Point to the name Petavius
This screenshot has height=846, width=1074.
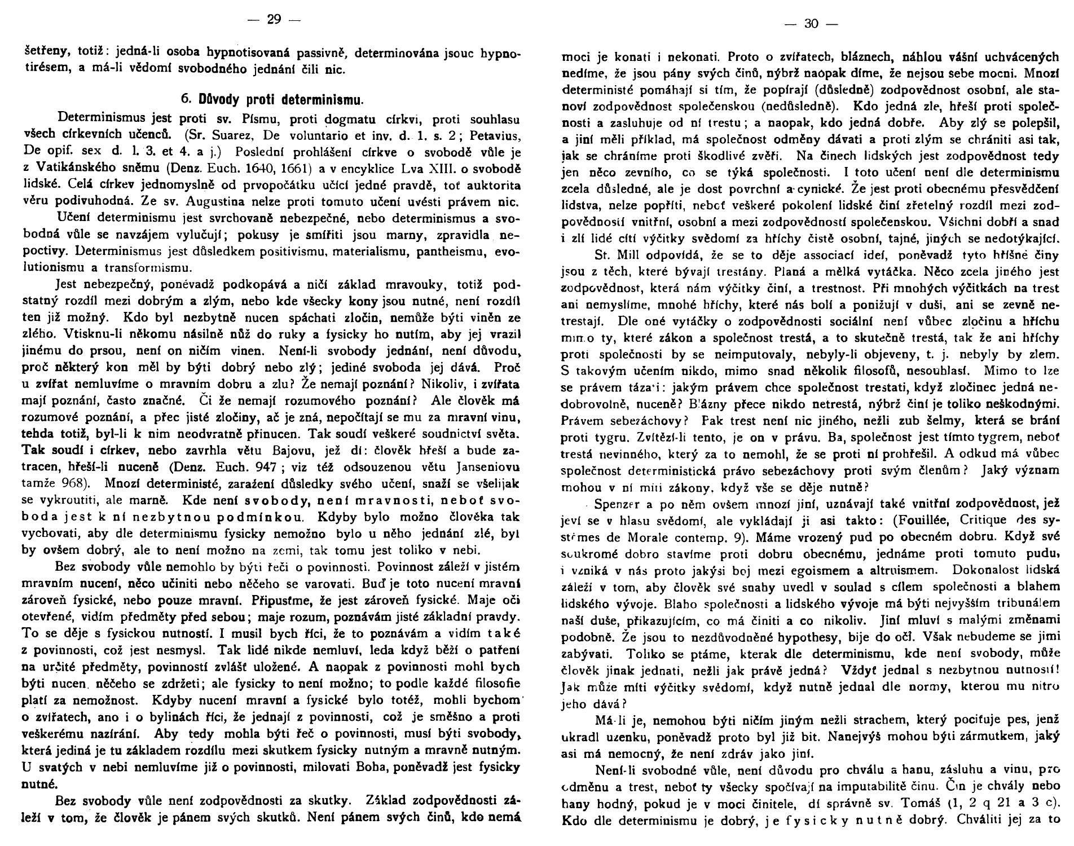click(494, 137)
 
